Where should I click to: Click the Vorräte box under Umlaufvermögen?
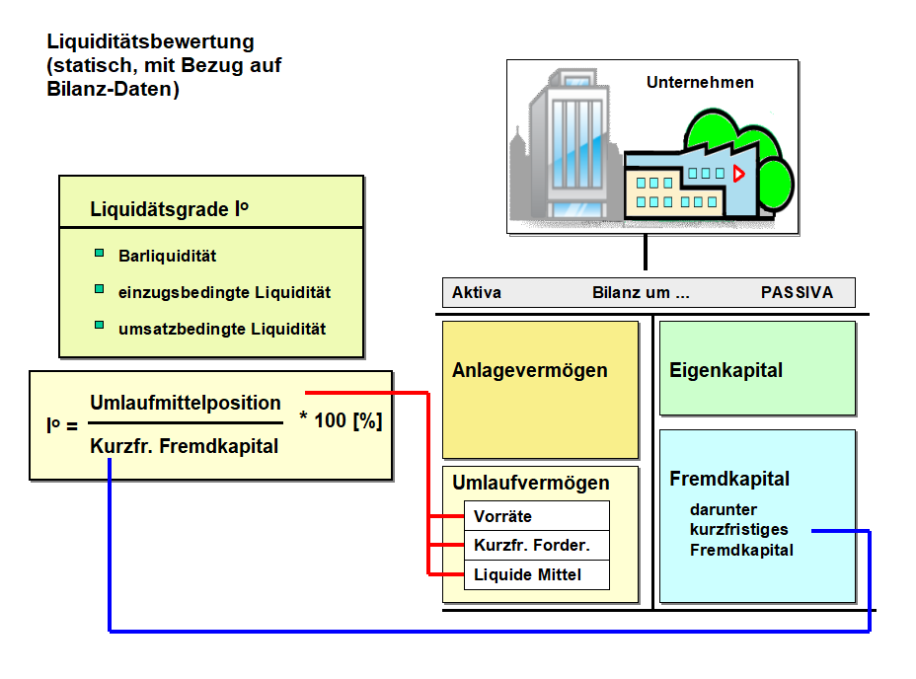click(x=536, y=516)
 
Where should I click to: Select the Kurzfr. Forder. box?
click(x=536, y=545)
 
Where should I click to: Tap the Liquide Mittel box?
click(x=536, y=574)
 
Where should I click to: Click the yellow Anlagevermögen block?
click(x=540, y=389)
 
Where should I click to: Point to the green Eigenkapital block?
click(x=756, y=368)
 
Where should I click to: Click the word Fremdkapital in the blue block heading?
click(x=729, y=479)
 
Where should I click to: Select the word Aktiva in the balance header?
click(x=477, y=293)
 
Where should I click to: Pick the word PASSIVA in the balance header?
click(x=797, y=293)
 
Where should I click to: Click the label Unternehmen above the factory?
click(x=700, y=83)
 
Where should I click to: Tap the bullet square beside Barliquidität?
click(x=99, y=254)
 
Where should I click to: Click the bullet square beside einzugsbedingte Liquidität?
click(x=99, y=289)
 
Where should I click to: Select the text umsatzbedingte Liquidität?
click(x=222, y=329)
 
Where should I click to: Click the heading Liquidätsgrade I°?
click(x=169, y=209)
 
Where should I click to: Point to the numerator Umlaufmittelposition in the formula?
click(x=186, y=403)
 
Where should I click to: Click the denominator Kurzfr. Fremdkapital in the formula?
click(x=185, y=446)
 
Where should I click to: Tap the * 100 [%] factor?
click(x=341, y=420)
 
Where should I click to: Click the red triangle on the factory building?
click(x=738, y=174)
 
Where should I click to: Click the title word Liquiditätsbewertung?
click(x=150, y=42)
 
